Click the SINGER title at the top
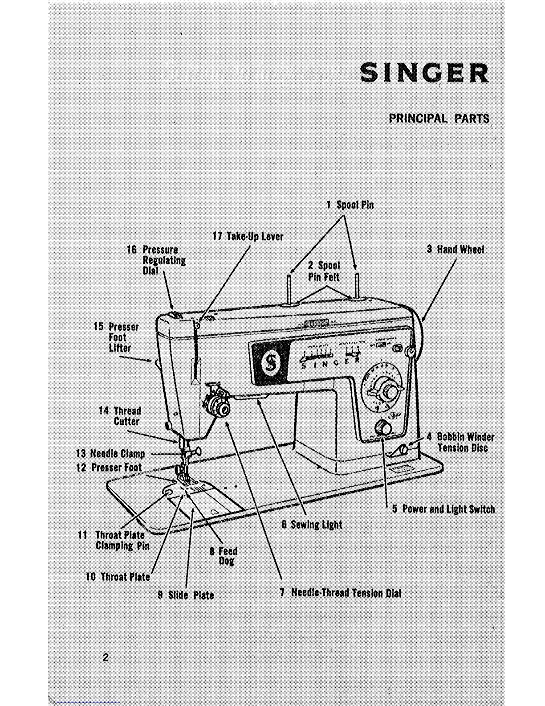click(x=424, y=73)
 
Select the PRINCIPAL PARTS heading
click(x=439, y=119)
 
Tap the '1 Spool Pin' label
click(x=350, y=205)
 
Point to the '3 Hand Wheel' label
click(x=455, y=249)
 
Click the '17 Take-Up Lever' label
click(x=248, y=236)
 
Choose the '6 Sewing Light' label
click(x=312, y=525)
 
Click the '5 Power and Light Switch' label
click(x=443, y=509)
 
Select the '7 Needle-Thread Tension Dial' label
click(x=341, y=593)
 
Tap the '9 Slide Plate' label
click(x=186, y=595)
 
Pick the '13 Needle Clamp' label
click(x=111, y=454)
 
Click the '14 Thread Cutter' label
click(x=120, y=416)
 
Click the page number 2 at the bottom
click(x=106, y=657)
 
